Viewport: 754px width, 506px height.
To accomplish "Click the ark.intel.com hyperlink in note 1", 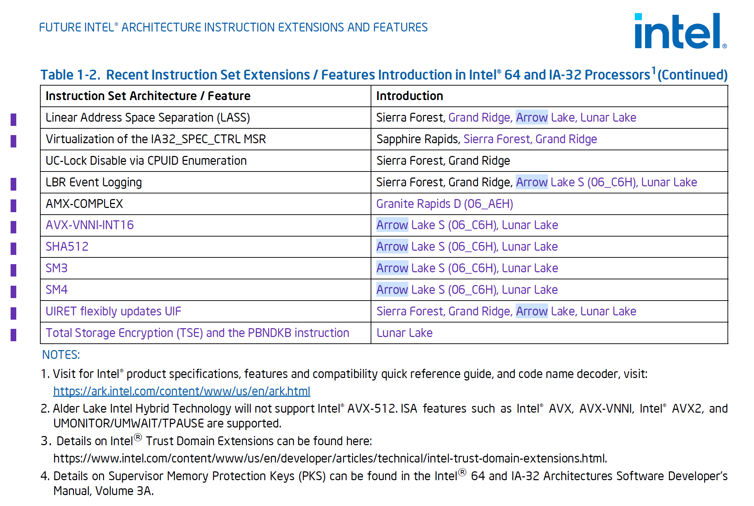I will click(181, 391).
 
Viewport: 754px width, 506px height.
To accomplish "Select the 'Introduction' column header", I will click(409, 96).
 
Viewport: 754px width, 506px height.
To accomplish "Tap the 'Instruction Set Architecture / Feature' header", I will click(148, 96).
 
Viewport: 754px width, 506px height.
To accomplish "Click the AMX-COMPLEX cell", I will click(84, 204).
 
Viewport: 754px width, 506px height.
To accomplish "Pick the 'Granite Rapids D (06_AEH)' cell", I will click(444, 204).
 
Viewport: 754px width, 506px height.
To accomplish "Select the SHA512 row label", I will click(67, 246).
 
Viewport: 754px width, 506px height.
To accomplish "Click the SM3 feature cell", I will click(57, 268).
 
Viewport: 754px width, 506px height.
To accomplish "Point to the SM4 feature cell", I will click(57, 290).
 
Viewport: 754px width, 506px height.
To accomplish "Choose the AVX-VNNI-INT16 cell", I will click(89, 225).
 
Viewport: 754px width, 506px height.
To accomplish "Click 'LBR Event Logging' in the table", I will click(93, 182).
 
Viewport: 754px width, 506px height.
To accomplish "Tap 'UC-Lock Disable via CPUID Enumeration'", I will click(146, 161).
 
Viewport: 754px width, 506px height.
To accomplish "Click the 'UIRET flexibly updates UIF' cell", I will click(113, 311).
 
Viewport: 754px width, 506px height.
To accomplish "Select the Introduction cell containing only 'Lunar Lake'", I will click(404, 333).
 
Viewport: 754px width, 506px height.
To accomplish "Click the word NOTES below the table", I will click(61, 355).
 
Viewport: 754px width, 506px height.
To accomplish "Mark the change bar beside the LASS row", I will click(13, 120).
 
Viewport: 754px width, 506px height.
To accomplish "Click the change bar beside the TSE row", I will click(13, 335).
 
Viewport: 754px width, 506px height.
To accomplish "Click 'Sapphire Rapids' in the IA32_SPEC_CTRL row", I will click(417, 139).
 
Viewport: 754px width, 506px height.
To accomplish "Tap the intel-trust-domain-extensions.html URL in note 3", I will click(330, 458).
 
